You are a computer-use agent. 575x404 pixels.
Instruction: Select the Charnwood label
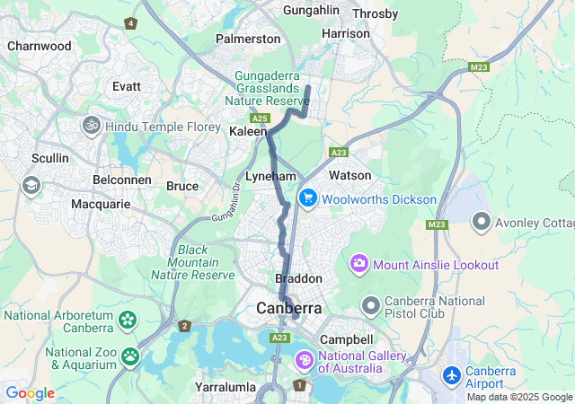[x=39, y=45]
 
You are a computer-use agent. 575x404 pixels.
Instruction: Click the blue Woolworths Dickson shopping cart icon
[x=307, y=198]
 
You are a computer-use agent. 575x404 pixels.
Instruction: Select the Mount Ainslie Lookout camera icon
[x=359, y=265]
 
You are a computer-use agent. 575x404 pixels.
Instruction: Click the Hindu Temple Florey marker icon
[x=90, y=127]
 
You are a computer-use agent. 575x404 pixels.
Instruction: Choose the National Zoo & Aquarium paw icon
[x=131, y=357]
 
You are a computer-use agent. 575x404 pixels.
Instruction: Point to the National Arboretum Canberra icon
[x=128, y=319]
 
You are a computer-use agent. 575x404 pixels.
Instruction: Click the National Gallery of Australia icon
[x=305, y=360]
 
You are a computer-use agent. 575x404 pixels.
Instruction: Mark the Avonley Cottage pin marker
[x=482, y=220]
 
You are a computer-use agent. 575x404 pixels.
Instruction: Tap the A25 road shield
[x=260, y=119]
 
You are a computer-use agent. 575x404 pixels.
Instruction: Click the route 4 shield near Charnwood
[x=132, y=22]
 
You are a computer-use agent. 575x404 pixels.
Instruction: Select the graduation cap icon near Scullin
[x=31, y=185]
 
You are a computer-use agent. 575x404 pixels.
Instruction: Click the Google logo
[x=30, y=393]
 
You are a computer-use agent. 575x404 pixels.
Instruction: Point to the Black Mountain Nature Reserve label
[x=193, y=262]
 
